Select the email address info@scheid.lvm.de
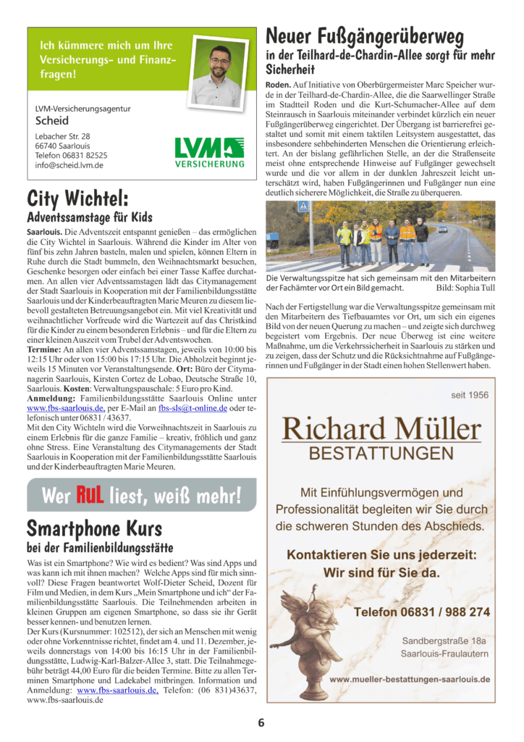coord(69,165)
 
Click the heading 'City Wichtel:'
coord(78,199)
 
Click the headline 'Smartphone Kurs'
coord(94,528)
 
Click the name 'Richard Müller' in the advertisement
coord(381,428)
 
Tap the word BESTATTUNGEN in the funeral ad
coord(381,454)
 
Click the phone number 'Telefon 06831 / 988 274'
coord(421,612)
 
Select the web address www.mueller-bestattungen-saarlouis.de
coord(410,680)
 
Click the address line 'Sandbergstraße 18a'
coord(444,641)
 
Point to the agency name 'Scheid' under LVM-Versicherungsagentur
coord(52,121)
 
